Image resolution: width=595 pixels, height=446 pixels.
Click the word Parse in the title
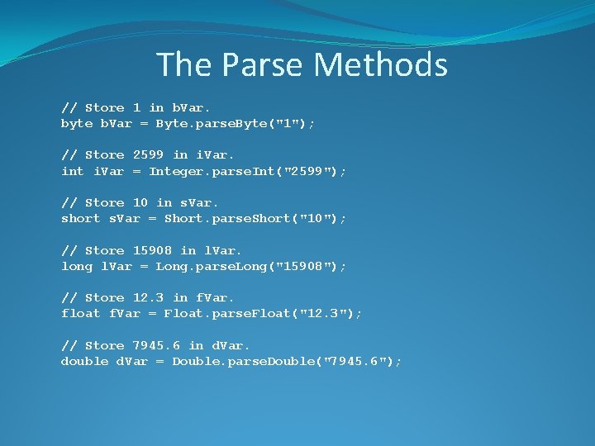[261, 64]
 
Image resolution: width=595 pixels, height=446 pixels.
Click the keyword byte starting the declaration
[77, 123]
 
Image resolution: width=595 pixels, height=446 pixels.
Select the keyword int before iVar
[73, 171]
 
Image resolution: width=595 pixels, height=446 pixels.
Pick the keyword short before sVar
[81, 218]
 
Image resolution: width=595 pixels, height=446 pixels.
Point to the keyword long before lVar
[77, 266]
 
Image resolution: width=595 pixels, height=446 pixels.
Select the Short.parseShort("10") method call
[255, 218]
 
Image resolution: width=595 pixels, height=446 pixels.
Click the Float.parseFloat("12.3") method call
[262, 313]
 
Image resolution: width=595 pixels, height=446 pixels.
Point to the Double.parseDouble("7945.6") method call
[286, 361]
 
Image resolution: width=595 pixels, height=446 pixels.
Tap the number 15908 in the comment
[153, 249]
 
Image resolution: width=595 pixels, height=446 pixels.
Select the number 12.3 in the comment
[149, 297]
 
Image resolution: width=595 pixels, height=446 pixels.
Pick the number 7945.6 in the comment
[157, 344]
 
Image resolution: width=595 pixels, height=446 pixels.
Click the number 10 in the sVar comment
[140, 202]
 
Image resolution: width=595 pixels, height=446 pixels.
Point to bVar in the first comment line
[192, 107]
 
